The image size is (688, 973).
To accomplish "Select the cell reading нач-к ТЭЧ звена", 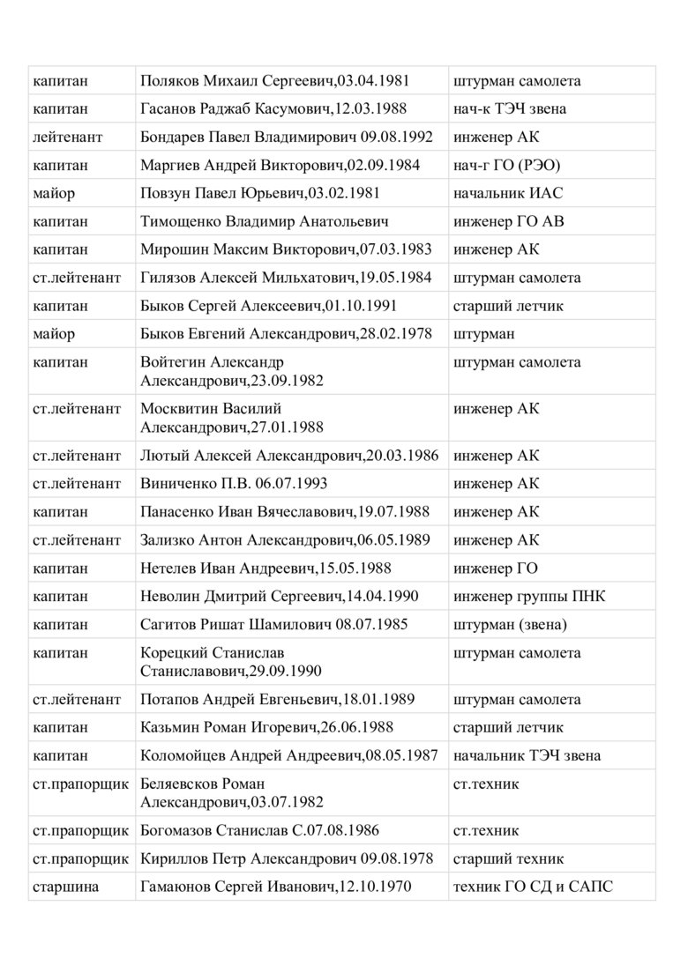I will point(510,109).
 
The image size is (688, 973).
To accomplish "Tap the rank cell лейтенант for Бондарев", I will point(68,137).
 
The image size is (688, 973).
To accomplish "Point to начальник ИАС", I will point(508,194).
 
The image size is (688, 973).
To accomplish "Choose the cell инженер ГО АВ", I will point(509,222).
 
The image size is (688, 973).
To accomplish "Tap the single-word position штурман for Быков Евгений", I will point(484,335).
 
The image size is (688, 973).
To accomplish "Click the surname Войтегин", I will point(172,363).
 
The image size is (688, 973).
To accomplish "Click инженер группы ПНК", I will point(529,597).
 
